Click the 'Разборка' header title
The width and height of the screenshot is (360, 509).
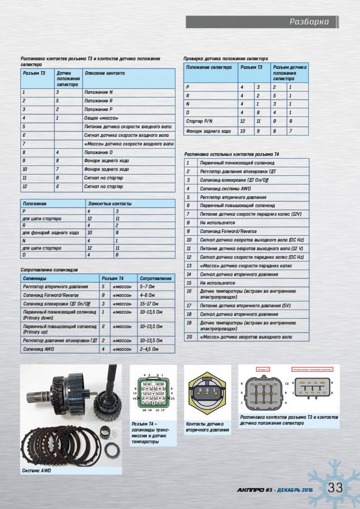pyautogui.click(x=309, y=22)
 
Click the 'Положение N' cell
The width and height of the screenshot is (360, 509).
pyautogui.click(x=98, y=92)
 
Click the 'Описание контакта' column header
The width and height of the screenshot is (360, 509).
pyautogui.click(x=105, y=73)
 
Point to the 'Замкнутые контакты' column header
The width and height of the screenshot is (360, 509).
pyautogui.click(x=110, y=204)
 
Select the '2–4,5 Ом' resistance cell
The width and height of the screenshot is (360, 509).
pyautogui.click(x=149, y=349)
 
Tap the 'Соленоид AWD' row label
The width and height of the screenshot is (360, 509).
pyautogui.click(x=39, y=349)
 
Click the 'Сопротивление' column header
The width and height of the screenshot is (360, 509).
pyautogui.click(x=156, y=279)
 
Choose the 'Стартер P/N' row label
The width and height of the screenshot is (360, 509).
pyautogui.click(x=199, y=121)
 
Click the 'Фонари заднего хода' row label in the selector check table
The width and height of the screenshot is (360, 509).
pyautogui.click(x=208, y=131)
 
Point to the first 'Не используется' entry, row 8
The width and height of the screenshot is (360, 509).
pyautogui.click(x=217, y=223)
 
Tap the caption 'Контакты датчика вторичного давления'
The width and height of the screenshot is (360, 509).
pyautogui.click(x=207, y=427)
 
